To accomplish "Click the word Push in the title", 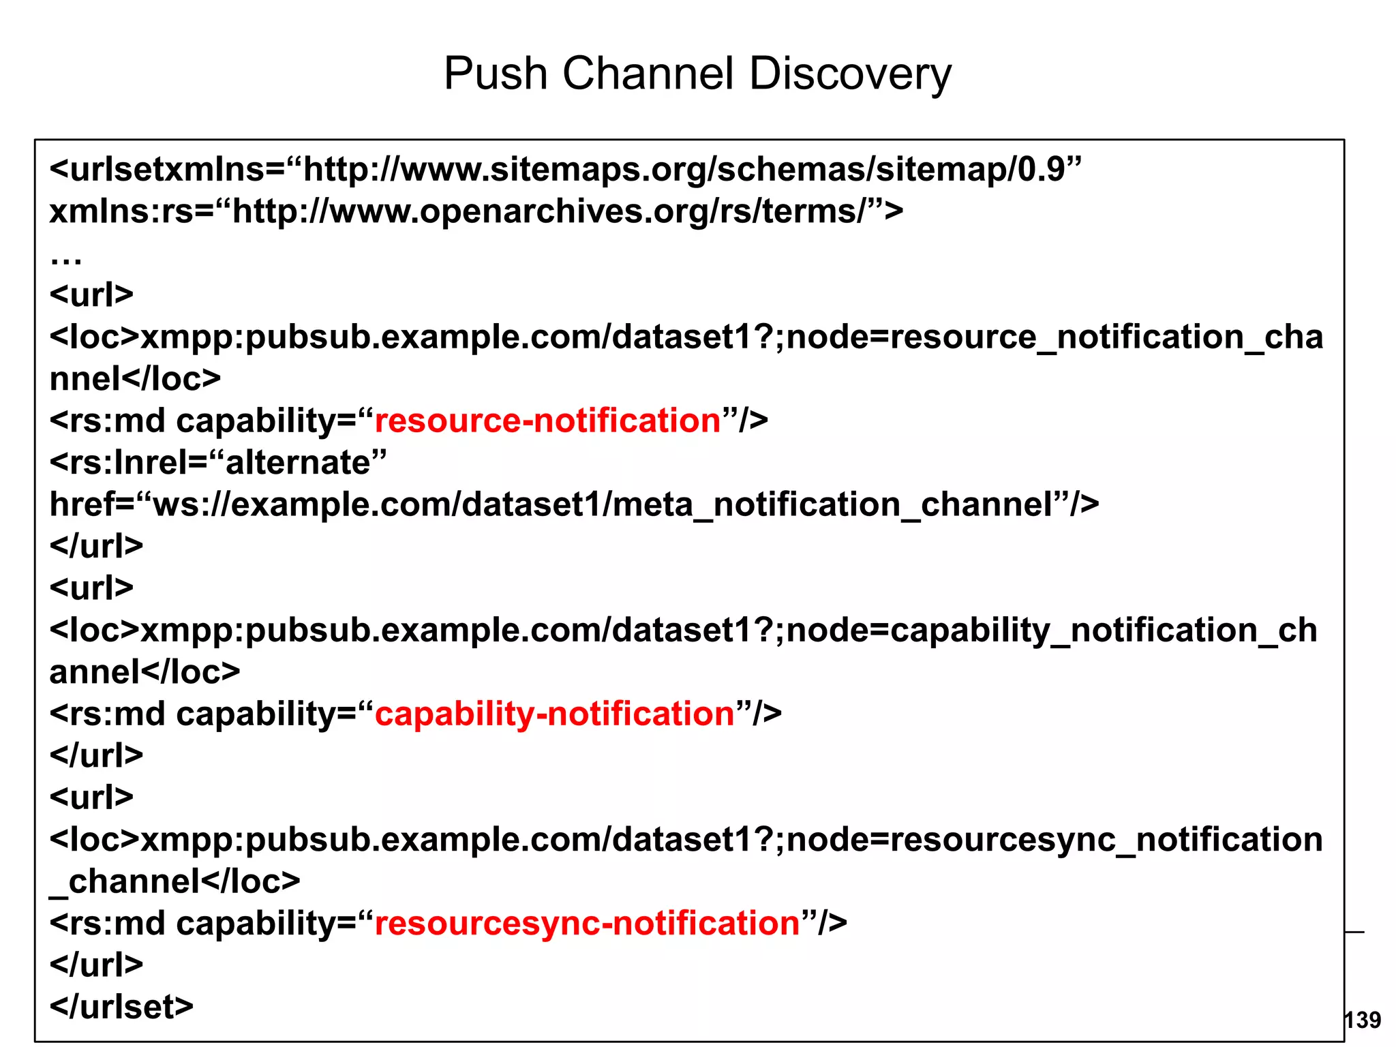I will tap(496, 74).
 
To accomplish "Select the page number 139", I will tap(1362, 1020).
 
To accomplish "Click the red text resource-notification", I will tap(547, 421).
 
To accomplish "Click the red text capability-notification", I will tap(554, 714).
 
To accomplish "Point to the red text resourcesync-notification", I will tap(587, 924).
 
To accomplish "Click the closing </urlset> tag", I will tap(121, 1007).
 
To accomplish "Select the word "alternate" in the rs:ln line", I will tap(298, 463).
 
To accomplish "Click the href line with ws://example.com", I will tap(573, 505).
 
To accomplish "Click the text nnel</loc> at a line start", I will tap(135, 379).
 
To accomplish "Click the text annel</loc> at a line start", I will tap(145, 673).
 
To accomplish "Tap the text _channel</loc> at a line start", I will tap(174, 882).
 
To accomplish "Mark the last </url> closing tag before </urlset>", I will tap(96, 965).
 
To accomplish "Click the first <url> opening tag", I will tap(91, 295).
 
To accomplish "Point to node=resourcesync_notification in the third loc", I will tap(1054, 840).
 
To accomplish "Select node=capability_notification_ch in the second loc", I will tap(1051, 631).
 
